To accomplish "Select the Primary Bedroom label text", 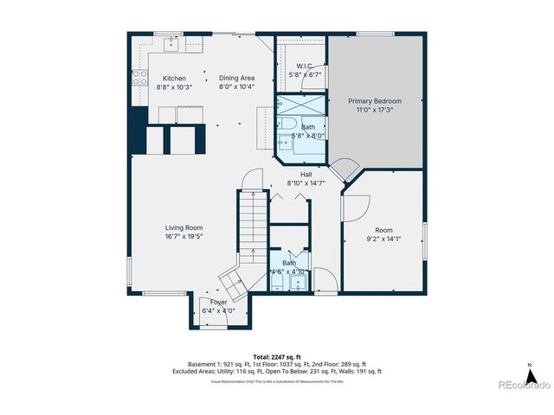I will [375, 101].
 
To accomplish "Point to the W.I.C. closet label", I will [304, 66].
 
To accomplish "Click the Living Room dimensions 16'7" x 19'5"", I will [184, 236].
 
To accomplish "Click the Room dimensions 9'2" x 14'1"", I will [383, 239].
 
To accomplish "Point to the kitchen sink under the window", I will [171, 41].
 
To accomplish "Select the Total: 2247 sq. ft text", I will [276, 356].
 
